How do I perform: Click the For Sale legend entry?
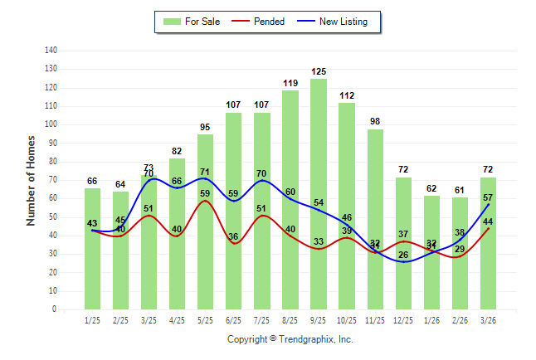click(192, 22)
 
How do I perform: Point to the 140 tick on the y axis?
click(51, 50)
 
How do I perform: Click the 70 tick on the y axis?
click(52, 179)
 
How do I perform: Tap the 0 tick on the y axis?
click(55, 309)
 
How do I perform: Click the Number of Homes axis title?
click(31, 180)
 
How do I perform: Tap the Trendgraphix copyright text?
click(290, 339)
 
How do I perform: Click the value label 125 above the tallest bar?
click(319, 72)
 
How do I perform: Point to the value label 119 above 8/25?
click(290, 83)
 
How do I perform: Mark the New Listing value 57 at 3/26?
click(489, 198)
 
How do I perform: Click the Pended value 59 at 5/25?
click(205, 194)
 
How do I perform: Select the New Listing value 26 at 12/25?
click(404, 255)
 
